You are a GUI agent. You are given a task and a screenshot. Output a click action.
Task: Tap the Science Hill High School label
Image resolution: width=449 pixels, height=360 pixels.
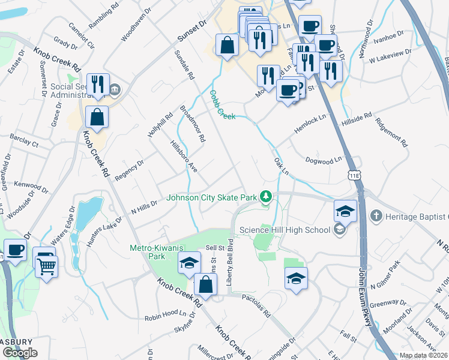coord(285,229)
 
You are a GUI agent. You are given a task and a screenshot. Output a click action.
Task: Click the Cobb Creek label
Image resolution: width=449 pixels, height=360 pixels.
coord(222,105)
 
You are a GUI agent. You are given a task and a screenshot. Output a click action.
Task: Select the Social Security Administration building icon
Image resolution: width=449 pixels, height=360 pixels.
coord(115,91)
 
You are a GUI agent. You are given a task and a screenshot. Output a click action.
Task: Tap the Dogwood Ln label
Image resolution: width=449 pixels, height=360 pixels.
coord(324,160)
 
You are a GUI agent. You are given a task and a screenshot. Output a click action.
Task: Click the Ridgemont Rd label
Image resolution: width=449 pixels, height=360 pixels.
coord(391,131)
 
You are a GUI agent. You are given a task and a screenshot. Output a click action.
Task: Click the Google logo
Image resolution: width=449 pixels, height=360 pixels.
coord(20,353)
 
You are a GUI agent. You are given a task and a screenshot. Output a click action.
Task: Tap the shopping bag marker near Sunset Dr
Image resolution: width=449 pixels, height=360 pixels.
coord(227,45)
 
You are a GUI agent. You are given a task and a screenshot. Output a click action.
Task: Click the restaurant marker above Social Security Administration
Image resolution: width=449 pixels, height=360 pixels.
coord(97,84)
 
